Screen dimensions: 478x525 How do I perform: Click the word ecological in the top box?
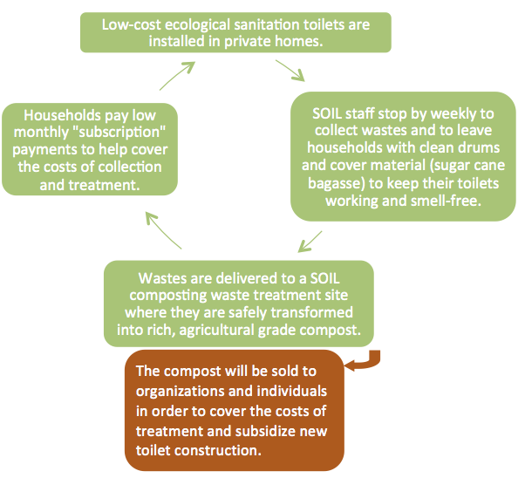(189, 24)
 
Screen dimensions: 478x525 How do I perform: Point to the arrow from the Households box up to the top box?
(175, 79)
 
